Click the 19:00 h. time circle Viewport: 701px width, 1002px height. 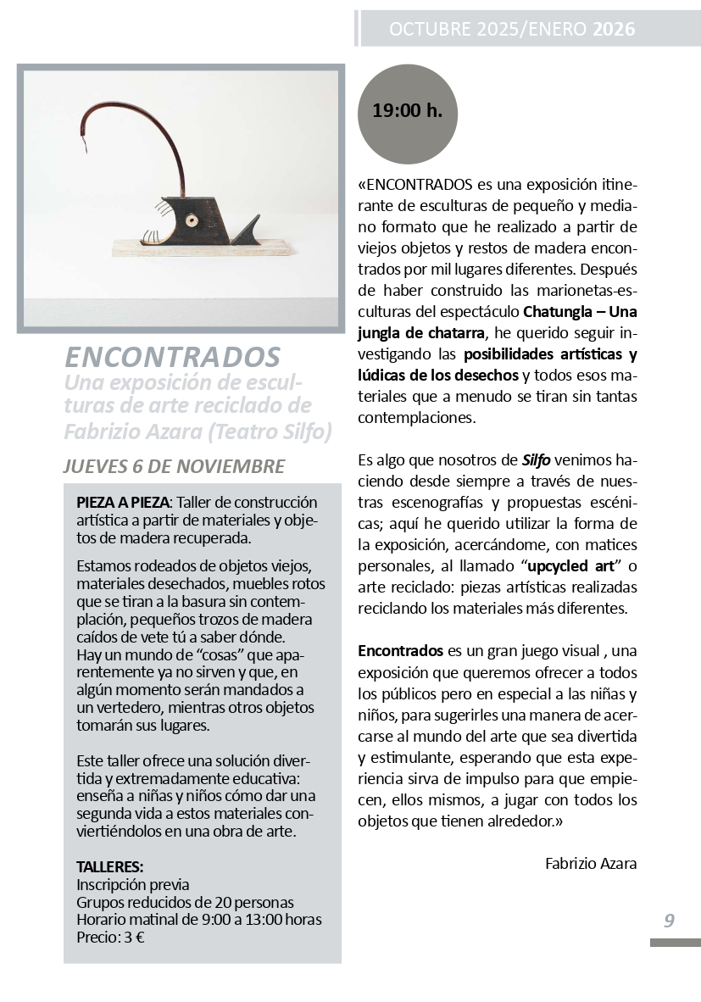[x=408, y=111]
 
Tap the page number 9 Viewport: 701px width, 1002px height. [x=669, y=921]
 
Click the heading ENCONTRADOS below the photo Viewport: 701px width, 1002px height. [x=172, y=355]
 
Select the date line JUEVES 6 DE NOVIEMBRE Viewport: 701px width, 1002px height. [x=174, y=467]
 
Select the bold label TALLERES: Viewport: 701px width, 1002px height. [x=110, y=867]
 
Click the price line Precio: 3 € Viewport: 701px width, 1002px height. [x=110, y=937]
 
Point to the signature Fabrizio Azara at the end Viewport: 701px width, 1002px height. [x=591, y=864]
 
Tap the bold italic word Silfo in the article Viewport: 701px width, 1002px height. [x=537, y=460]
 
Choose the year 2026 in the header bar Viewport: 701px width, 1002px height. [x=614, y=31]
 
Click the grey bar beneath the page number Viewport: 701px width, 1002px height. [x=675, y=943]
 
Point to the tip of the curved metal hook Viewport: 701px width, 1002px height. [x=83, y=153]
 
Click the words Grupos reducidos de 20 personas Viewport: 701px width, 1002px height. [x=185, y=902]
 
